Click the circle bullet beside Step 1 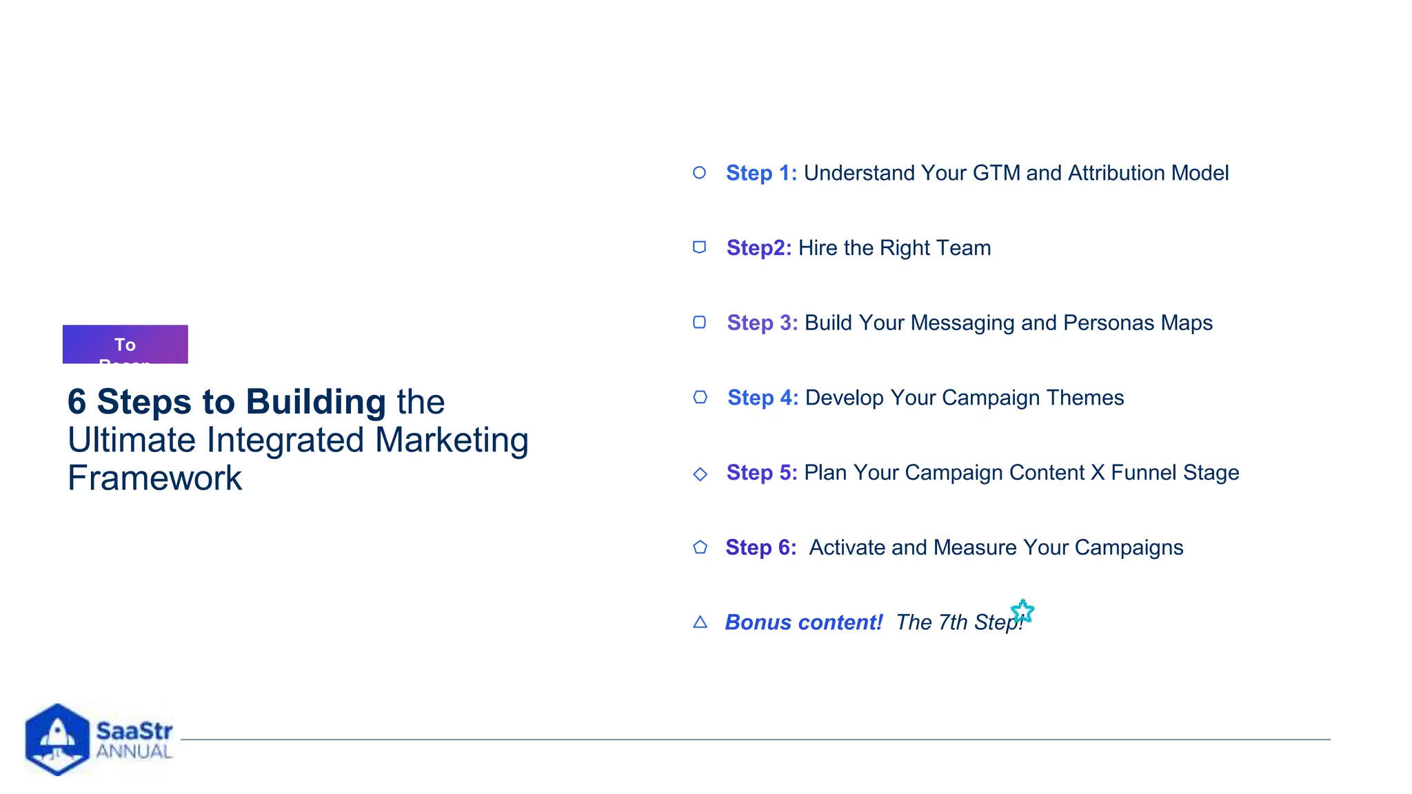pos(699,172)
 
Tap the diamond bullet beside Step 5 pos(700,474)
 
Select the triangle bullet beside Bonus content pos(700,622)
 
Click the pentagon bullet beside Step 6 pos(700,547)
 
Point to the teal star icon pos(1022,611)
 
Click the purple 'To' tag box pos(125,344)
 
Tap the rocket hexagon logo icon pos(57,739)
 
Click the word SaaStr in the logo pos(134,731)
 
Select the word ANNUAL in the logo pos(134,751)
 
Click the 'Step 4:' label pos(763,398)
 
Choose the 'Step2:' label pos(758,248)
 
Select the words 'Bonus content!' pos(803,622)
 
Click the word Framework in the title pos(155,478)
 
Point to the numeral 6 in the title pos(77,402)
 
